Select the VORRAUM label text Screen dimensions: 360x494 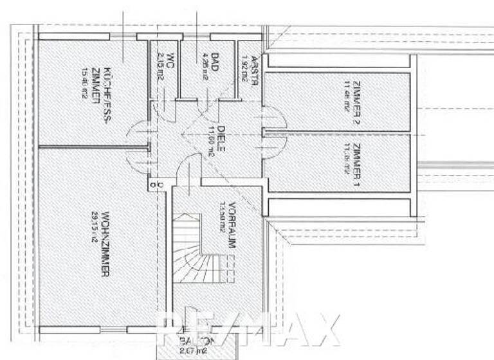[231, 227]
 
